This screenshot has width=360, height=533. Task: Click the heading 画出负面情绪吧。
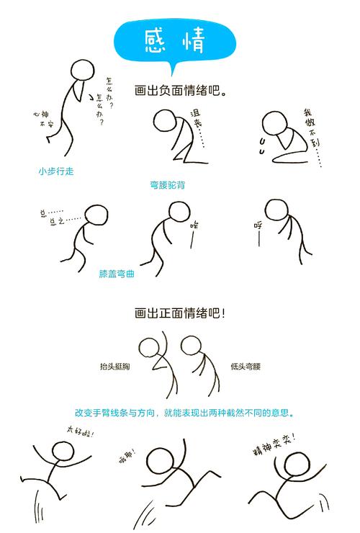tap(181, 91)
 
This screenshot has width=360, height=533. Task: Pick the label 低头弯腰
tap(246, 367)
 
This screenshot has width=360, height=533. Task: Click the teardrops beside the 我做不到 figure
tap(261, 148)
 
